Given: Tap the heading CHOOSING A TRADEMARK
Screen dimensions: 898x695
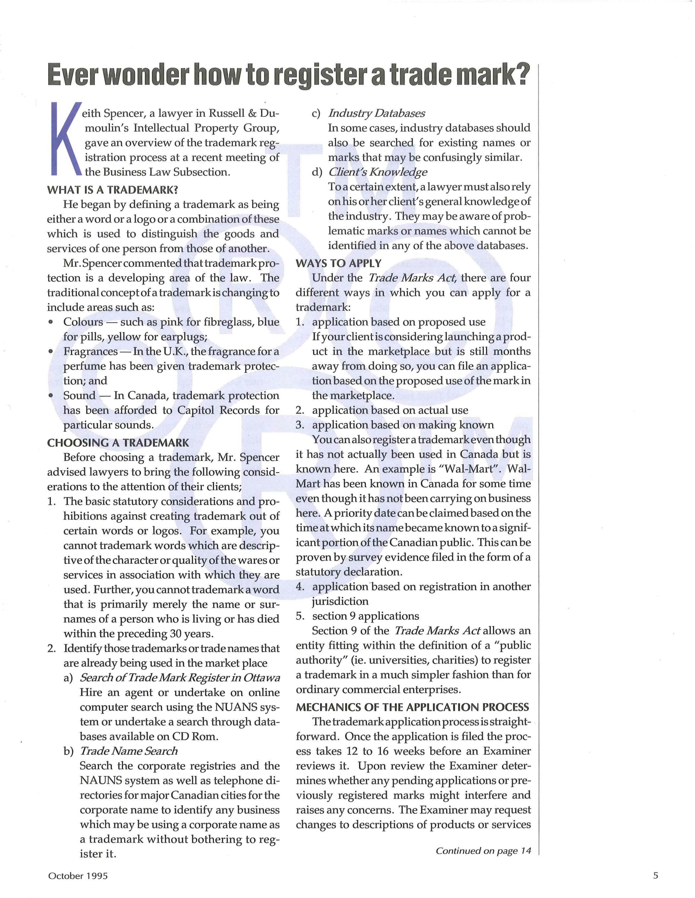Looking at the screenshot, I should (x=118, y=443).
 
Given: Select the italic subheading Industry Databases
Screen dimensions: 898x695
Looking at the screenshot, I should (x=376, y=113).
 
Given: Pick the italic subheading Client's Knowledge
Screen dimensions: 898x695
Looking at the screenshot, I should (x=378, y=172).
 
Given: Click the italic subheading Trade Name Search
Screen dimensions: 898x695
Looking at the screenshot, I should (x=128, y=751).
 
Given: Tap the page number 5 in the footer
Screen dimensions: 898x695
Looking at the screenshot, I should (x=655, y=875).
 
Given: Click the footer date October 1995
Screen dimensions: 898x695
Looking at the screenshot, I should (x=78, y=876).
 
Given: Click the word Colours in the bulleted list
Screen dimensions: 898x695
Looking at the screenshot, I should (x=83, y=322).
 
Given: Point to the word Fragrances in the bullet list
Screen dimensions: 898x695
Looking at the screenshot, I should (x=91, y=351).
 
